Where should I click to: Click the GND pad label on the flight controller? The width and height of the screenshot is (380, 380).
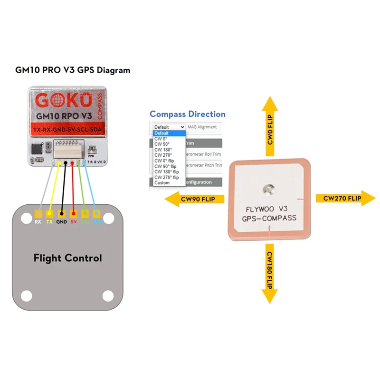click(62, 222)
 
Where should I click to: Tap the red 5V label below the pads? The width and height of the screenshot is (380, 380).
click(74, 222)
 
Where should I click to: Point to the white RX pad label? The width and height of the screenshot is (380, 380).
click(38, 222)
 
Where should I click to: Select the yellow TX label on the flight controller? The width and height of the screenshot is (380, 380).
click(49, 222)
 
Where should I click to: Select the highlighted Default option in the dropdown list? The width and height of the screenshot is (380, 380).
click(161, 133)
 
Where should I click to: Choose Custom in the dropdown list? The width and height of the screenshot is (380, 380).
click(162, 183)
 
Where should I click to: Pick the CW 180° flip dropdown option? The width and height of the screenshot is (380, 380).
click(166, 172)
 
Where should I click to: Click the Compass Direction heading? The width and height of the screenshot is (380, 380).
click(188, 114)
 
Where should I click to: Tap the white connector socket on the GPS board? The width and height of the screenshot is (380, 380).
click(70, 149)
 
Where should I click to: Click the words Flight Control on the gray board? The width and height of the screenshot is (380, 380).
click(67, 258)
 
